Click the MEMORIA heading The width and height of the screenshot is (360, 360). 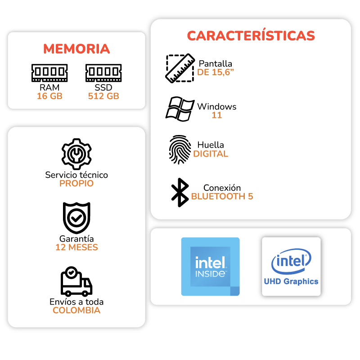76,49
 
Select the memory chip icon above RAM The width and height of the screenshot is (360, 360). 49,73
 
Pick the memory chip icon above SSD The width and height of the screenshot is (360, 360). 103,73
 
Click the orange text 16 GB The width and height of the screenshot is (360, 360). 49,96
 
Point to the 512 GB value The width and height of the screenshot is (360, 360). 103,96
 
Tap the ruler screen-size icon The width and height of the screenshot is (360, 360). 180,68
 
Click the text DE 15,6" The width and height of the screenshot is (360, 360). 216,72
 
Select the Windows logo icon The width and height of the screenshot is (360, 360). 180,109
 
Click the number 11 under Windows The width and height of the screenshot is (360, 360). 217,115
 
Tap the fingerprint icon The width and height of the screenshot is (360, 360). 180,150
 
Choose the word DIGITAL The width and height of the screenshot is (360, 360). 211,154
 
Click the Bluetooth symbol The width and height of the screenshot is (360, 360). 180,193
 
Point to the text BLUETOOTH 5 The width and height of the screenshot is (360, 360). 222,196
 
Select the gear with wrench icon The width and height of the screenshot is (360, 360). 76,154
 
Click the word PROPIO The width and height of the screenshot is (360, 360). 76,184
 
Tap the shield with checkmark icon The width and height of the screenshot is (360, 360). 76,218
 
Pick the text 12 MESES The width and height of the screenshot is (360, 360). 76,247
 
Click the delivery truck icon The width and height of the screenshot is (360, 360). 76,282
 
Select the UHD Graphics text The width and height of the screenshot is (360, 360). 291,282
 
